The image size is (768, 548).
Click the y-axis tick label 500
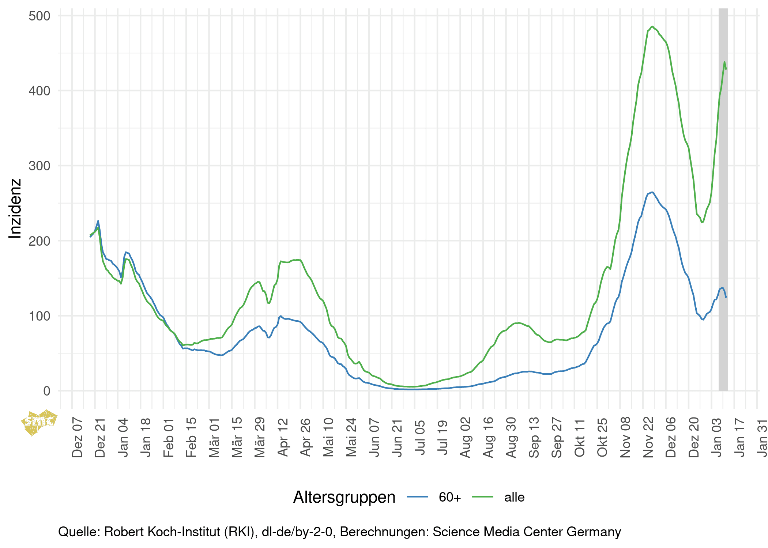tap(39, 16)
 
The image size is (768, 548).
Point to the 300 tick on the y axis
tap(39, 166)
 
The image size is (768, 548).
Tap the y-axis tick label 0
tap(46, 391)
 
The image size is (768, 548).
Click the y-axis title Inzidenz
tap(15, 209)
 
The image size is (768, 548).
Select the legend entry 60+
tap(450, 497)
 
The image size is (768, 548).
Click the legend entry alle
tap(514, 497)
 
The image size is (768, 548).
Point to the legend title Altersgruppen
tap(344, 497)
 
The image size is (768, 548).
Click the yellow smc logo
tap(39, 422)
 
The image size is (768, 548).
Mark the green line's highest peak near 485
tap(652, 27)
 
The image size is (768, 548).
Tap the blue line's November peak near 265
tap(652, 192)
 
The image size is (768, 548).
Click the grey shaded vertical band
tap(723, 219)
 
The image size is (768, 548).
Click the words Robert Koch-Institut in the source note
tap(179, 532)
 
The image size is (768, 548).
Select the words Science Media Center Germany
tap(527, 532)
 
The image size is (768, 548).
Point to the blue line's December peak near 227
tap(98, 221)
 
